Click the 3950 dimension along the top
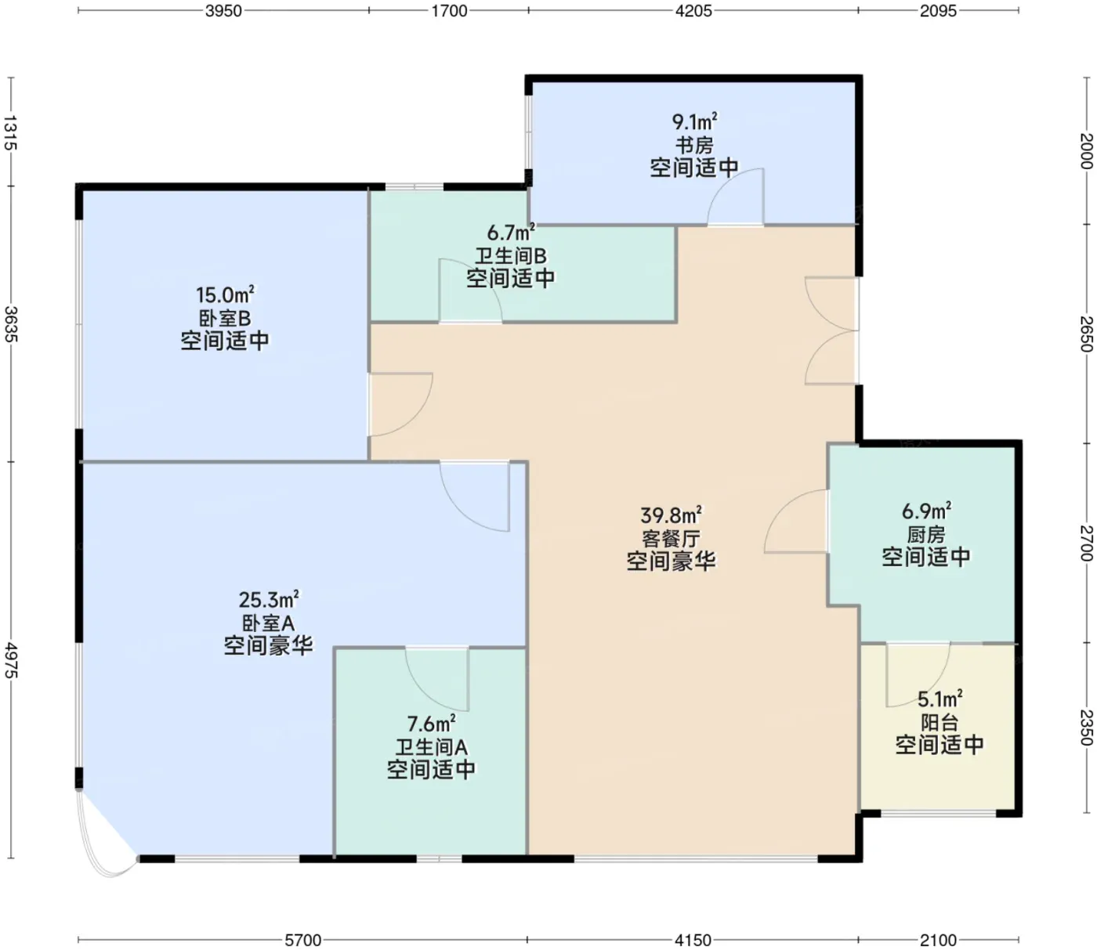tap(223, 11)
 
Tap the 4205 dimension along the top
tap(693, 11)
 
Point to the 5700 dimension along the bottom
tap(303, 940)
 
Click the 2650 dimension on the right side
tap(1086, 334)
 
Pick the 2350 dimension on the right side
tap(1086, 727)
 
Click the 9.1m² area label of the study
tap(695, 121)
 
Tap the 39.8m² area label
tap(671, 515)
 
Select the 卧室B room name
tap(225, 318)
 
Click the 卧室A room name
tap(268, 623)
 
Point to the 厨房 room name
tap(926, 535)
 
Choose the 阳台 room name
tap(940, 722)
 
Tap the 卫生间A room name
tap(431, 747)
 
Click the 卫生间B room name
tap(510, 256)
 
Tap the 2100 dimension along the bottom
tap(938, 940)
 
